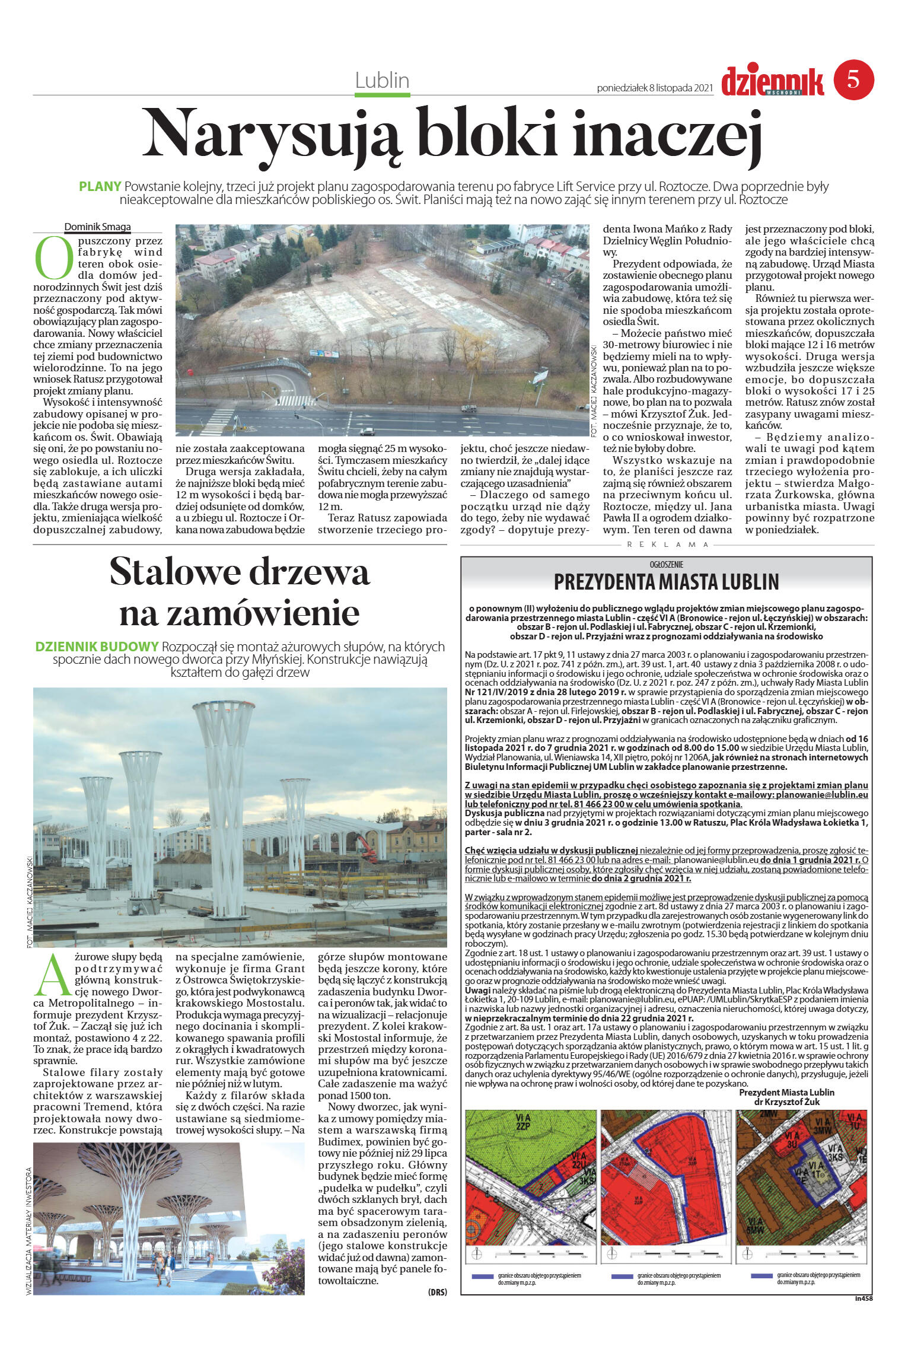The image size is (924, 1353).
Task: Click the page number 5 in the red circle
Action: coord(853,79)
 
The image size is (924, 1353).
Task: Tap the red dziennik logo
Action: coord(772,80)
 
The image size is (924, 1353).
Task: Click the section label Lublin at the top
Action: coord(383,80)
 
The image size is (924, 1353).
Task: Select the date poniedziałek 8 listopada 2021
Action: coord(654,88)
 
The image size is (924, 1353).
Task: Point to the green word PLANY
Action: coord(100,186)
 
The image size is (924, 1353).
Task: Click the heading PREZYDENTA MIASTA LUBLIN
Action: coord(666,582)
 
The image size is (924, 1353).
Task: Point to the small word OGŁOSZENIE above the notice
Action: coord(667,565)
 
